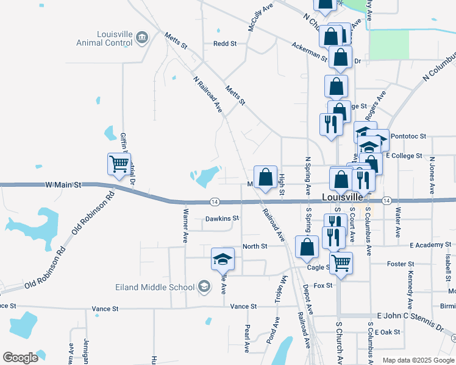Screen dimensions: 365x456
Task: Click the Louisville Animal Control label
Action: click(x=104, y=39)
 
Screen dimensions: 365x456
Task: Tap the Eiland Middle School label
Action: click(x=155, y=287)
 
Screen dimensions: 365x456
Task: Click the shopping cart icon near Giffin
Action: click(x=119, y=163)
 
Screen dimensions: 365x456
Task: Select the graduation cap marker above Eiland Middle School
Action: click(x=223, y=259)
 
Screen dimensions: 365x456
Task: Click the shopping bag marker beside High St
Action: click(x=265, y=178)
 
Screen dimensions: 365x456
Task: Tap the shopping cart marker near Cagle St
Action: click(x=341, y=263)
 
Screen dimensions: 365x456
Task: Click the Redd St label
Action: click(x=224, y=44)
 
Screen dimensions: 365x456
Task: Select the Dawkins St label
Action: click(x=222, y=218)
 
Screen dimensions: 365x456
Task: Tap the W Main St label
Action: click(x=63, y=184)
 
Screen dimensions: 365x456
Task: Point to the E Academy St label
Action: click(x=429, y=245)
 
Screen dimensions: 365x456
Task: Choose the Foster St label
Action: click(x=401, y=264)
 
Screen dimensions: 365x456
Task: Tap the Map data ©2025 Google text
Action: click(x=418, y=360)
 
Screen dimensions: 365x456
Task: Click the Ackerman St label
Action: click(x=310, y=52)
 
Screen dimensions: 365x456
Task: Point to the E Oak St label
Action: click(x=388, y=332)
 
